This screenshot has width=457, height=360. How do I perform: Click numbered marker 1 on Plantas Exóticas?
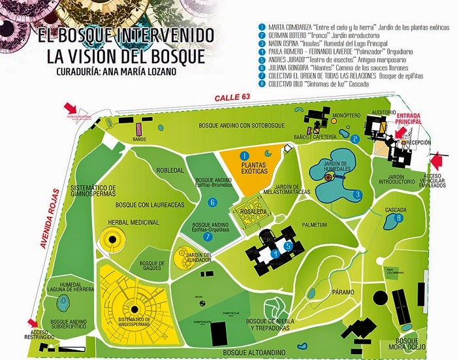pos(244,156)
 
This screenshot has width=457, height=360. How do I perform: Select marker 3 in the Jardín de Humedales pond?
pos(357,194)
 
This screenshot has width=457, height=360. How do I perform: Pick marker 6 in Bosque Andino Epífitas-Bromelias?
pos(212,203)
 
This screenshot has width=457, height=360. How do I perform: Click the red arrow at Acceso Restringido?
pos(29,322)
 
